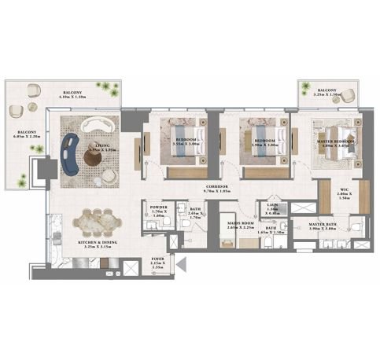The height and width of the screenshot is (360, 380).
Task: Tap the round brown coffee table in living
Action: (93, 158)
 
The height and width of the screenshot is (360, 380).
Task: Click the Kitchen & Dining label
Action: (98, 244)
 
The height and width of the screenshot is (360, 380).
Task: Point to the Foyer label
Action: (158, 259)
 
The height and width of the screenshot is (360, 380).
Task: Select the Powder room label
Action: (158, 211)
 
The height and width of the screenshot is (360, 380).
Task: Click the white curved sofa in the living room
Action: (98, 127)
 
